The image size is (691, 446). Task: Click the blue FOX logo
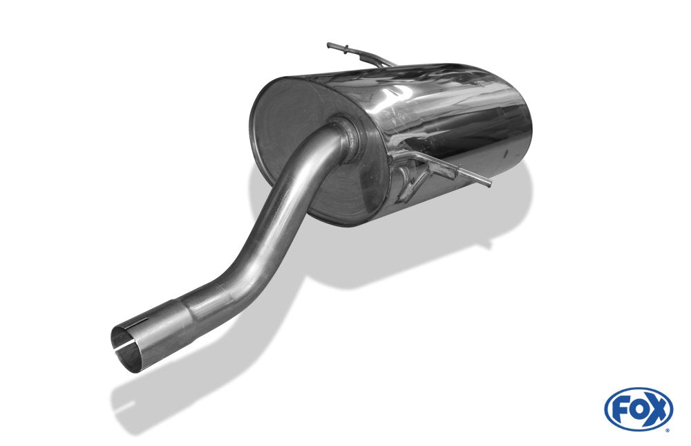click(638, 409)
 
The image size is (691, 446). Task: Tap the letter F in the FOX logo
click(621, 409)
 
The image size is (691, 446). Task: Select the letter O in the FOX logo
click(638, 409)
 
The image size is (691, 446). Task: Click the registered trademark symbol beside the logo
click(667, 430)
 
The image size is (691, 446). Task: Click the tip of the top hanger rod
click(330, 46)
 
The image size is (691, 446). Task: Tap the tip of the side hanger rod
click(489, 184)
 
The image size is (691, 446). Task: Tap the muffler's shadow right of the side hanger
click(511, 207)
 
